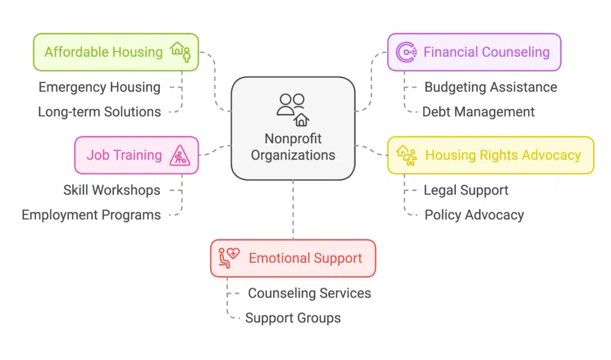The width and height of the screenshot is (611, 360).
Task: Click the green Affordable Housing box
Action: [115, 52]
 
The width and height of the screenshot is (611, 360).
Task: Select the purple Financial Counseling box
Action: [474, 52]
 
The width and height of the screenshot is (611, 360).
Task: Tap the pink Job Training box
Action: [136, 155]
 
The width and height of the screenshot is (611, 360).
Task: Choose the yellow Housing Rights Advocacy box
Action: [490, 155]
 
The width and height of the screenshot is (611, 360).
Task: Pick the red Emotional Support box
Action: [293, 259]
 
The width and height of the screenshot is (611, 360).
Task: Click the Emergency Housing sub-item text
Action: [100, 87]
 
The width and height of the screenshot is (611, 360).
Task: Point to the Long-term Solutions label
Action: [100, 112]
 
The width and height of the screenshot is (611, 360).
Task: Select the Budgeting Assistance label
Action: [490, 87]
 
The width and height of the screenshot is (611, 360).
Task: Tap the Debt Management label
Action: [479, 112]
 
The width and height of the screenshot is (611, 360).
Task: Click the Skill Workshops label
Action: [112, 190]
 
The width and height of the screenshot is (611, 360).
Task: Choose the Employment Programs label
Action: [91, 215]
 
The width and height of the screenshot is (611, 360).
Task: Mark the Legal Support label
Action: [466, 190]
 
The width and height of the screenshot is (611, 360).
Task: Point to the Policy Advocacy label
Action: [474, 215]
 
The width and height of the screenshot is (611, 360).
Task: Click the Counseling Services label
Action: [309, 293]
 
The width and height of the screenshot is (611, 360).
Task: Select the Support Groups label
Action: [293, 318]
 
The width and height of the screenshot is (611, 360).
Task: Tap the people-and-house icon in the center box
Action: [293, 108]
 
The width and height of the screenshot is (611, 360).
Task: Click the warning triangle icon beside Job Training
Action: [179, 156]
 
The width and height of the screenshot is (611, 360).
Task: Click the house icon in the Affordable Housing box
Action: [178, 49]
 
